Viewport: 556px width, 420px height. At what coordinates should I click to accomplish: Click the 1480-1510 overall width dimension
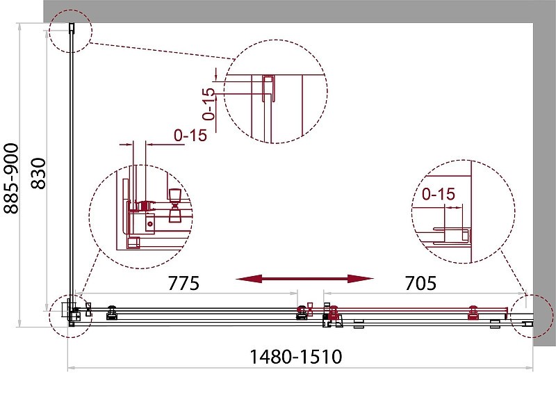point(296,357)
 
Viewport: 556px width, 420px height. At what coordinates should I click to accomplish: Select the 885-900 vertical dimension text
point(10,179)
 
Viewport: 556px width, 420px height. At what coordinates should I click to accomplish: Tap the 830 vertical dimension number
point(39,173)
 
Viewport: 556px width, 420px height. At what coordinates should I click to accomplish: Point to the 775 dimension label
point(183,283)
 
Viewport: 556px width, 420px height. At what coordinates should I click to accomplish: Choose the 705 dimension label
point(420,283)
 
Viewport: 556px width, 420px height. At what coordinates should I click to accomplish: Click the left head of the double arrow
point(249,279)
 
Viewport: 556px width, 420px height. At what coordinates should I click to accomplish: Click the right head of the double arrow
point(361,279)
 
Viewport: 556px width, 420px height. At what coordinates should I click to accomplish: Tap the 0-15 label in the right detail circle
point(439,194)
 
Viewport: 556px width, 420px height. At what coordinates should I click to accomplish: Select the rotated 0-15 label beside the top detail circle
point(209,104)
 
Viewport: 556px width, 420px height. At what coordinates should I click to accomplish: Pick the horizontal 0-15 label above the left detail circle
point(190,135)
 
